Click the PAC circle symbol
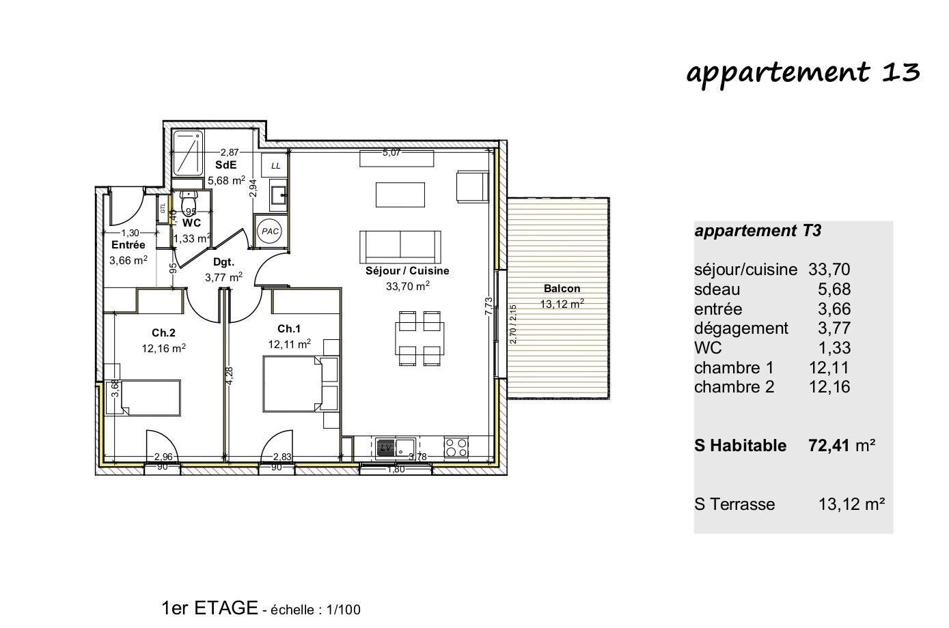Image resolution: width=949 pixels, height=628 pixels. click(x=271, y=231)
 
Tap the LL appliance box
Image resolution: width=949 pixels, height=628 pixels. click(x=275, y=165)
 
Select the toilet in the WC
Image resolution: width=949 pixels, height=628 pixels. click(x=188, y=203)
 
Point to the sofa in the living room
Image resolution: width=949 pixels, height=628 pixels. click(x=400, y=248)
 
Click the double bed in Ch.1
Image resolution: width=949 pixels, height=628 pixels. click(x=292, y=384)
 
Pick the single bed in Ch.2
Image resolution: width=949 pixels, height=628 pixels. click(x=151, y=397)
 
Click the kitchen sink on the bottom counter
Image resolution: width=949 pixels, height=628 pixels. click(x=394, y=448)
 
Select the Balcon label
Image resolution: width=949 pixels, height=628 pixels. click(x=562, y=289)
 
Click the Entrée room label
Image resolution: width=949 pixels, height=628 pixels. click(x=128, y=245)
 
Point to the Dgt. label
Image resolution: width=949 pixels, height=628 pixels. click(x=223, y=262)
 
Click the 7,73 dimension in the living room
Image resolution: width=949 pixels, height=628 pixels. click(x=489, y=306)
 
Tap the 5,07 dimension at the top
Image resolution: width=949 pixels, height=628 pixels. click(x=391, y=153)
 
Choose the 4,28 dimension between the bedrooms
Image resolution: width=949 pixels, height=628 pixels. click(x=229, y=376)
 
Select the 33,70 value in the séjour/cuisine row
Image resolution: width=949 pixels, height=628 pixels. click(x=829, y=270)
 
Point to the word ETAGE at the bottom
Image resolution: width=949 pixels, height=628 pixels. click(x=226, y=608)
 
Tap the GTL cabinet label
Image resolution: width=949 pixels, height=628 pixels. click(x=163, y=209)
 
